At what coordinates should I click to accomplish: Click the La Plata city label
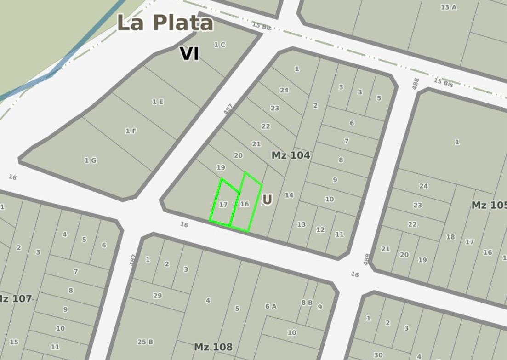tap(165, 23)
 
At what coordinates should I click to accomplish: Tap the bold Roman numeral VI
tap(189, 54)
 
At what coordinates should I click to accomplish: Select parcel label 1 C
tap(220, 45)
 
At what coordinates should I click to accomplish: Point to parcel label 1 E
tap(158, 102)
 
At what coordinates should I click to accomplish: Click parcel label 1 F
tap(131, 131)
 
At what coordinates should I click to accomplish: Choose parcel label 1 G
tap(90, 160)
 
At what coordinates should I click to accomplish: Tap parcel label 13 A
tap(449, 7)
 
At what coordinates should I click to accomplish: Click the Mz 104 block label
tap(291, 155)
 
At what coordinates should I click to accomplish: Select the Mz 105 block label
tap(489, 205)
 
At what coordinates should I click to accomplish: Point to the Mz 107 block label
tap(15, 299)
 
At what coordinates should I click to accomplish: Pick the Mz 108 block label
tap(213, 347)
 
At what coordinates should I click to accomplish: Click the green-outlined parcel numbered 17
tap(223, 205)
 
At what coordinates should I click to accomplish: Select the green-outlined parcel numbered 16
tap(245, 204)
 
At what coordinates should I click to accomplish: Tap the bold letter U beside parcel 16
tap(267, 200)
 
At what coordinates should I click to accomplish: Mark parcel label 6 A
tap(271, 306)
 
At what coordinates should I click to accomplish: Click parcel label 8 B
tap(307, 303)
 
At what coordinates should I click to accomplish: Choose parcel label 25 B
tap(145, 342)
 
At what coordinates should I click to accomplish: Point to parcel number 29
tap(157, 296)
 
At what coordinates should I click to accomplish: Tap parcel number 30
tap(378, 355)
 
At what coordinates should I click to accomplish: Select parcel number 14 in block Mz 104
tap(289, 195)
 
